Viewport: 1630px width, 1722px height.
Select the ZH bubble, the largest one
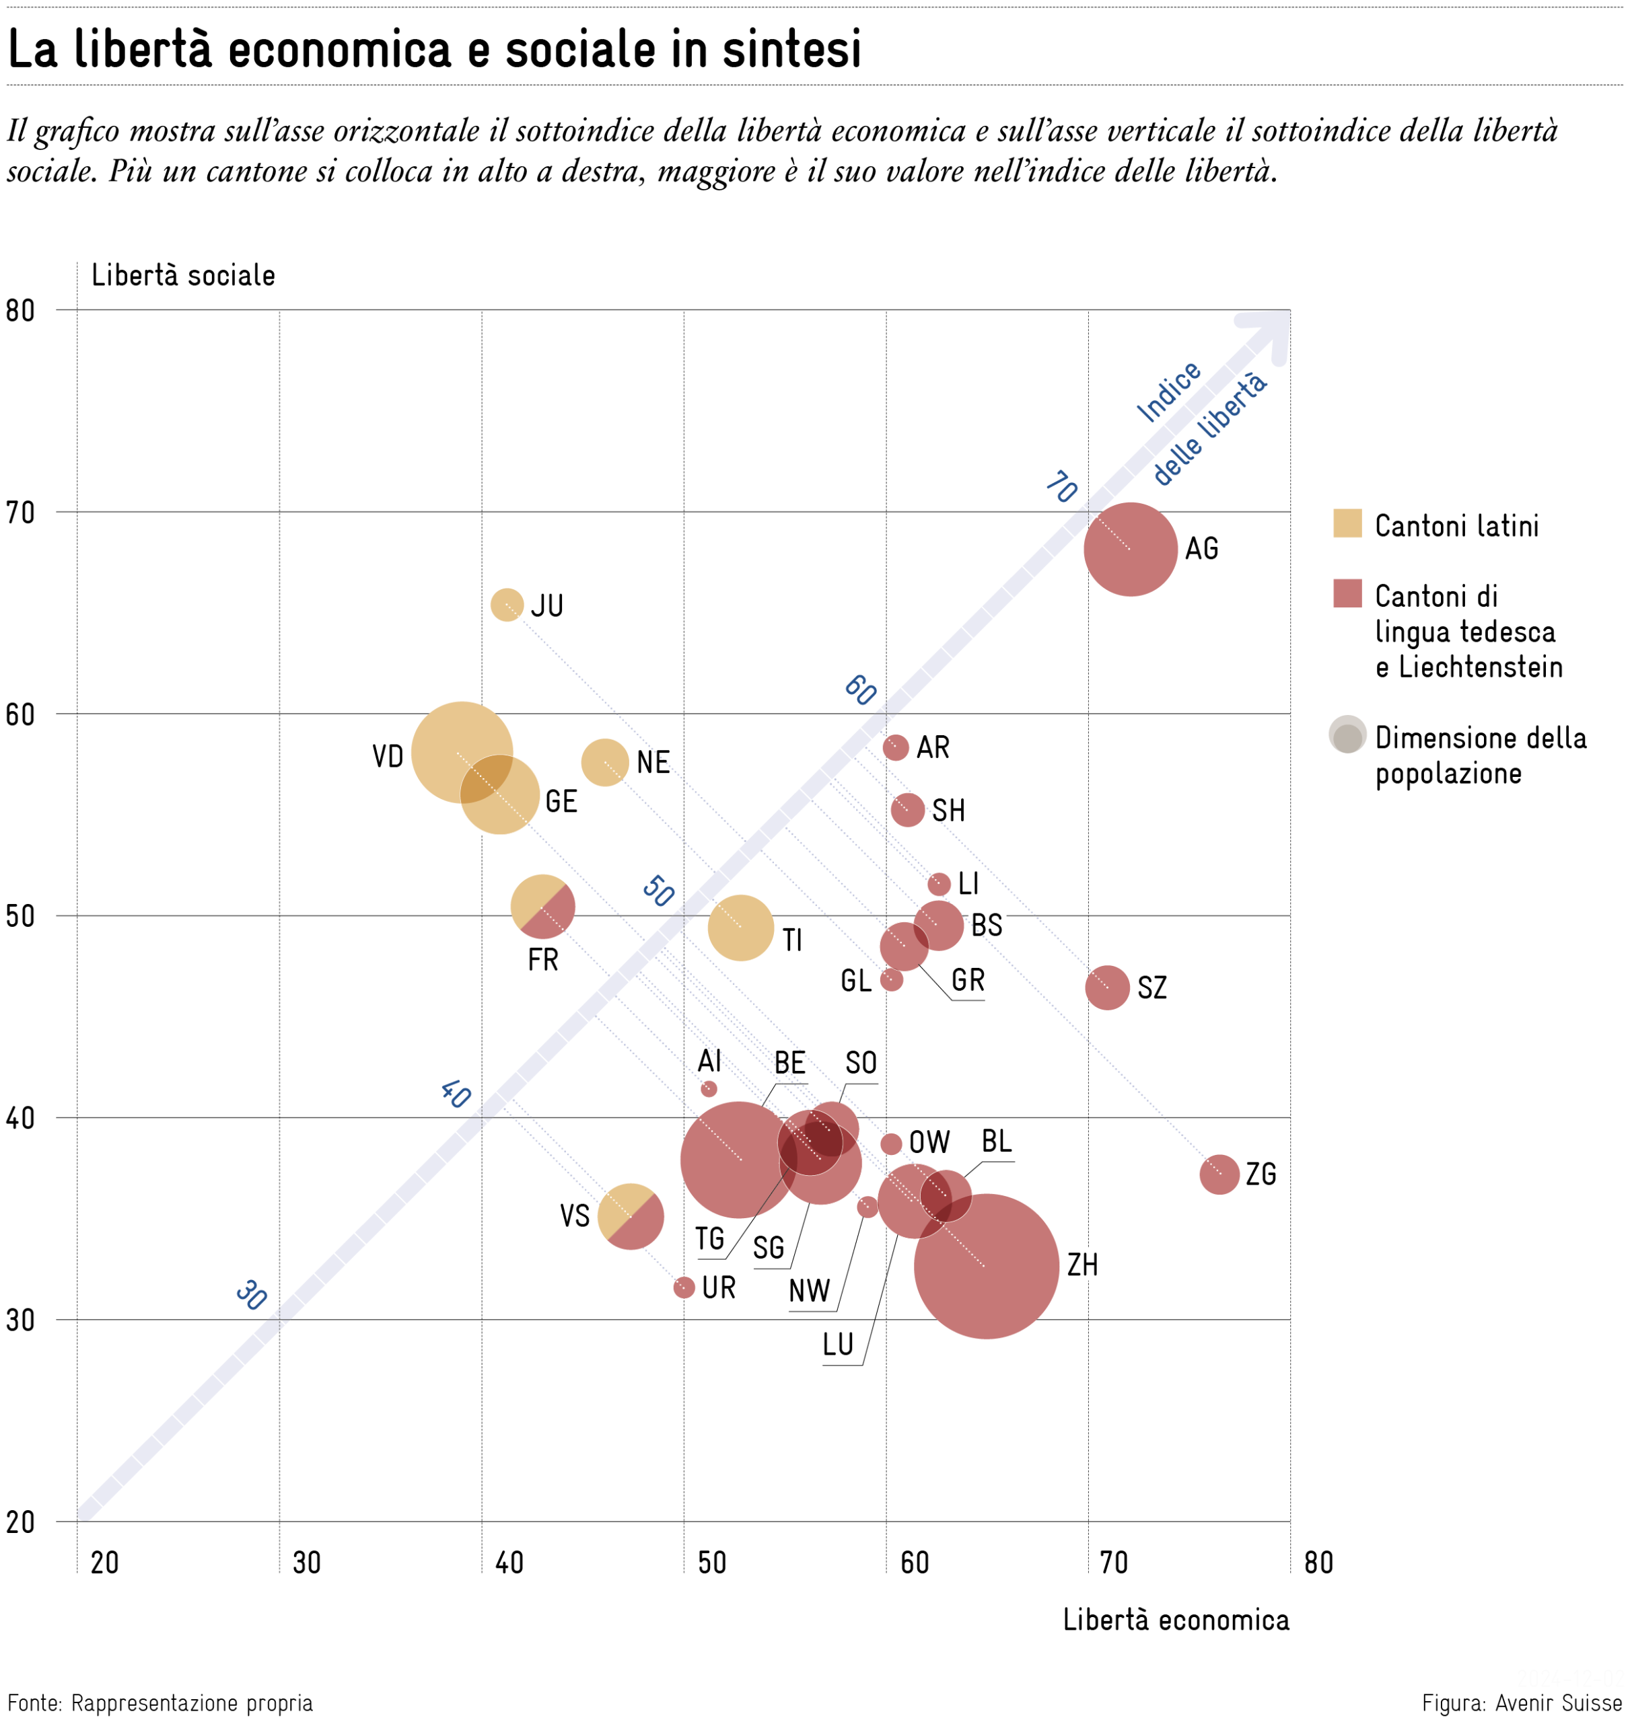985,1266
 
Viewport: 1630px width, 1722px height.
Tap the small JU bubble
507,605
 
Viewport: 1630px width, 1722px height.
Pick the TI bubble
740,928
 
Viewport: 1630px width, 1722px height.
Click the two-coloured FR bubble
542,907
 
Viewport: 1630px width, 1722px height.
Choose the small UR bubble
684,1287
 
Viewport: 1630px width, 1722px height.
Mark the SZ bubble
1107,987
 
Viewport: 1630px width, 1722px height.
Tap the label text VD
388,756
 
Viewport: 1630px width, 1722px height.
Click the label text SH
948,810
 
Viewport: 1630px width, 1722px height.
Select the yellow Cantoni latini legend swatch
1347,523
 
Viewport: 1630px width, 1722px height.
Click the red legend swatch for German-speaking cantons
1347,594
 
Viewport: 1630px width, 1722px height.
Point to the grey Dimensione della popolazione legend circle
1347,735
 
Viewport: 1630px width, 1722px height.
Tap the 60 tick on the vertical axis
20,714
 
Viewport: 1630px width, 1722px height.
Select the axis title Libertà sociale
183,275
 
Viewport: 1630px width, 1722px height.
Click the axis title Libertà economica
1176,1620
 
